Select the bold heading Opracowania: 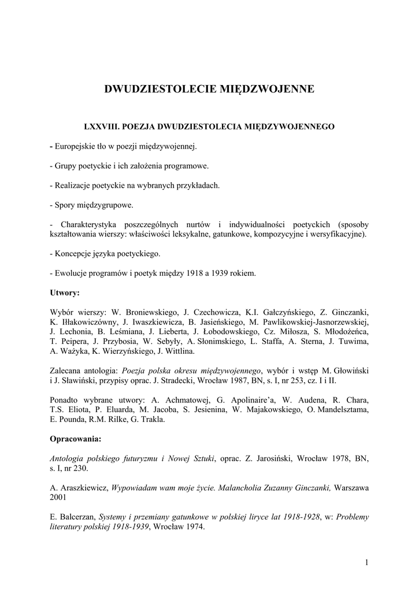pos(76,438)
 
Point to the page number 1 pos(367,562)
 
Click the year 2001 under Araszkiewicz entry pos(59,497)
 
